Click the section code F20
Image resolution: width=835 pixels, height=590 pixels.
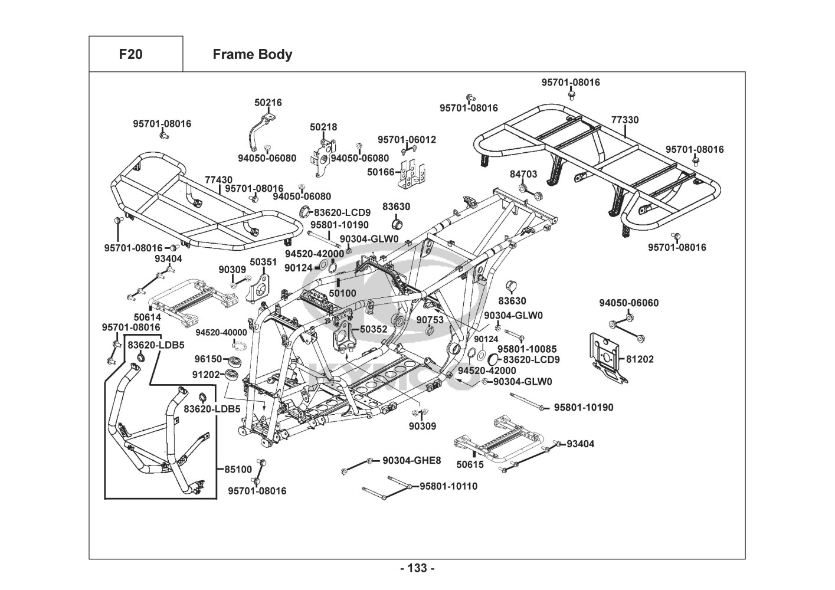click(x=130, y=54)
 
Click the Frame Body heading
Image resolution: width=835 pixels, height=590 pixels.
click(x=252, y=54)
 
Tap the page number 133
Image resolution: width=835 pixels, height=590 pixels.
click(x=417, y=568)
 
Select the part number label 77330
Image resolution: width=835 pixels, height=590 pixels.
click(x=624, y=120)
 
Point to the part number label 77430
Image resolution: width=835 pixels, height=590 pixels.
click(x=218, y=179)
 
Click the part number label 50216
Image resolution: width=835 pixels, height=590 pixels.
click(x=268, y=102)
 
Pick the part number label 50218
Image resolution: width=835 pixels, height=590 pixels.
click(x=323, y=127)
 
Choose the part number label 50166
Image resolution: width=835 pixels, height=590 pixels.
click(x=381, y=172)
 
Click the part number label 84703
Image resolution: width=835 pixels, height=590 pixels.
click(x=523, y=174)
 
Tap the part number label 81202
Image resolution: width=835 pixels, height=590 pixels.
click(x=640, y=359)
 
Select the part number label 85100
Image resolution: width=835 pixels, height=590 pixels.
click(x=238, y=470)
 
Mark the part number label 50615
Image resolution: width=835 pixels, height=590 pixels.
click(x=470, y=464)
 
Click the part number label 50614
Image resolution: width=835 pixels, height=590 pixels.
click(x=147, y=317)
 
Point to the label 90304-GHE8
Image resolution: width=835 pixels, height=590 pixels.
click(x=411, y=460)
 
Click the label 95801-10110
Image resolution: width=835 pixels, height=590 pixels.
click(x=448, y=486)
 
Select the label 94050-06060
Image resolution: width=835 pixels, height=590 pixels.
click(x=628, y=303)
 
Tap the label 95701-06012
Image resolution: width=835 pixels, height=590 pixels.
click(x=407, y=139)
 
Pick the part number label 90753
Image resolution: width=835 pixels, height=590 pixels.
click(x=430, y=319)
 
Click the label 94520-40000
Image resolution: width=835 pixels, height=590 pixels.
click(x=221, y=333)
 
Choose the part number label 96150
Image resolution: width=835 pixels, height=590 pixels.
click(x=208, y=359)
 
